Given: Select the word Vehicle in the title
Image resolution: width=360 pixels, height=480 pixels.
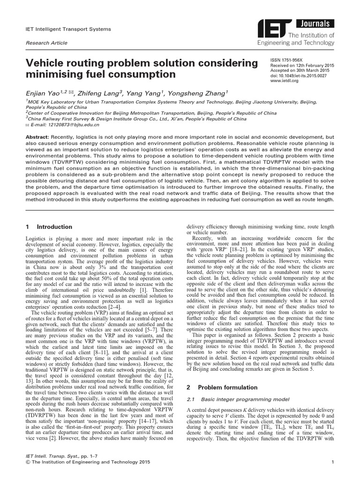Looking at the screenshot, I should pos(48,63).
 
